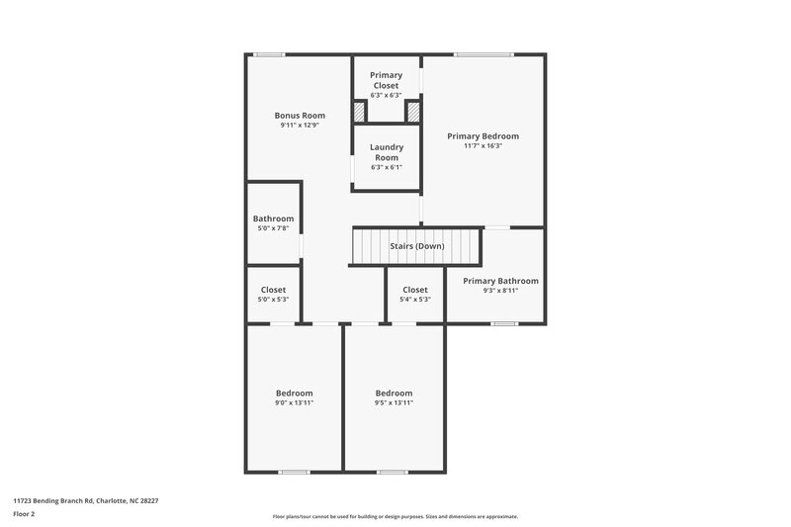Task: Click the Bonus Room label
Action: click(300, 116)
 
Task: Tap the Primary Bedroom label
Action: click(483, 136)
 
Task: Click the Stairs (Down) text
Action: click(416, 245)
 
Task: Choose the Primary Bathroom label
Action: click(500, 281)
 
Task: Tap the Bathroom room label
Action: click(273, 219)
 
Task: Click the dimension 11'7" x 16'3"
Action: click(483, 146)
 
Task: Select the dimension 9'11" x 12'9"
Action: click(300, 126)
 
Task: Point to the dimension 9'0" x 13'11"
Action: click(294, 402)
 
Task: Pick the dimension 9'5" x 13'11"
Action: click(394, 402)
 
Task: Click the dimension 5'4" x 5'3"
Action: click(415, 300)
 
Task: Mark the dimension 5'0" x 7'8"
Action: click(273, 228)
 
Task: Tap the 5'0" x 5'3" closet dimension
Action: click(273, 300)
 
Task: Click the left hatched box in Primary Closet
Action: click(360, 111)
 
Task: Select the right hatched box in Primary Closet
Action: click(412, 111)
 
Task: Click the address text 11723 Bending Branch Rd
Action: click(85, 500)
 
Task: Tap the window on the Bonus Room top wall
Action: click(264, 54)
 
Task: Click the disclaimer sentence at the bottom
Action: click(395, 516)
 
